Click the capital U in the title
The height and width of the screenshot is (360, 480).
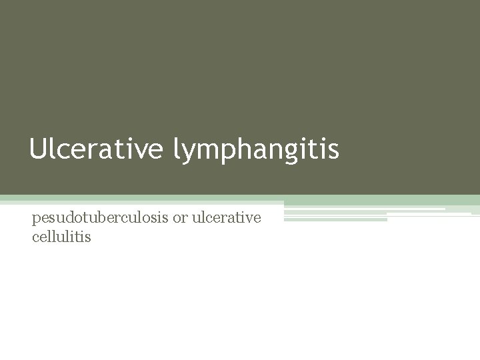tap(37, 149)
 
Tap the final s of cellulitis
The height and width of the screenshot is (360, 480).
tap(88, 236)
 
